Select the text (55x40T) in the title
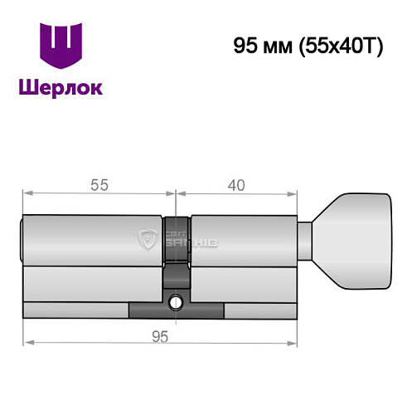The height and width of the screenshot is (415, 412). click(x=339, y=46)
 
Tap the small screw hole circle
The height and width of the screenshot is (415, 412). click(x=177, y=301)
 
